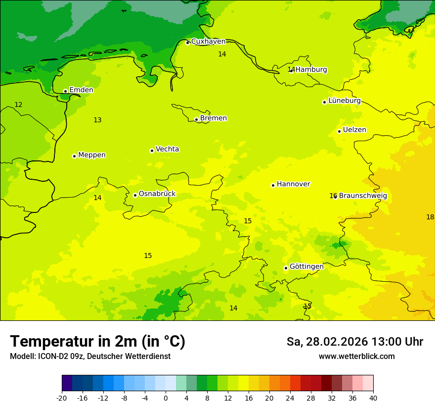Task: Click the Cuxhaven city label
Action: (208, 42)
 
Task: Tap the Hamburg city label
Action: (311, 70)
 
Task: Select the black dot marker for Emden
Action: (65, 91)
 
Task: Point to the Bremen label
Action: (213, 118)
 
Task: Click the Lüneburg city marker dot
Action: (324, 102)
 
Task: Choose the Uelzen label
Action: (354, 130)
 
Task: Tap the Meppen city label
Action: (91, 155)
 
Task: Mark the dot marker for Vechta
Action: (152, 151)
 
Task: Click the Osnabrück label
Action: (157, 194)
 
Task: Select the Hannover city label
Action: (293, 184)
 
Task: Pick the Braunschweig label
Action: (363, 196)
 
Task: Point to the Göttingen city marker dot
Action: (286, 268)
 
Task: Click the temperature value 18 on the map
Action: (430, 217)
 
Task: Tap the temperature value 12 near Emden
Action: (18, 104)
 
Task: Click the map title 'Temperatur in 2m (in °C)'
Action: (97, 341)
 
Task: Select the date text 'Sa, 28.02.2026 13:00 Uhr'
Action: (354, 342)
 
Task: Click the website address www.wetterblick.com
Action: (356, 356)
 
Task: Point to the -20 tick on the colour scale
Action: (62, 398)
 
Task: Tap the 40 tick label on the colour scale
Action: (373, 398)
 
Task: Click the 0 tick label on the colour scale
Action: (166, 398)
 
